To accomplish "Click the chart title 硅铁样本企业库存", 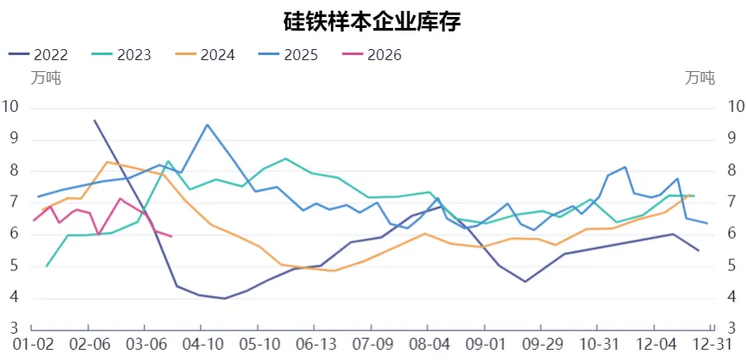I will point(372,21).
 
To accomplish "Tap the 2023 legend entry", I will point(122,55).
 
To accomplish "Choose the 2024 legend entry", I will point(205,55).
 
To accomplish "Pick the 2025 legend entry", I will point(289,55).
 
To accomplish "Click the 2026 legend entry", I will point(372,55).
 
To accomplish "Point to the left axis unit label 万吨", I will point(46,79).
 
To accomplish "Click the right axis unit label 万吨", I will point(700,79).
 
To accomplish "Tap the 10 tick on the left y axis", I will point(11,107).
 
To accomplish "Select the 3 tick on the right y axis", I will point(734,329).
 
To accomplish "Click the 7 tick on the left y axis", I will point(11,202).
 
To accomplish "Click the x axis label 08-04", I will point(429,345).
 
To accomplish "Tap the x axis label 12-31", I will point(713,345).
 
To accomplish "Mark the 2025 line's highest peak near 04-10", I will point(207,125).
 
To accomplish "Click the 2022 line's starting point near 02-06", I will point(94,120).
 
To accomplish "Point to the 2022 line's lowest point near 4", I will point(224,298).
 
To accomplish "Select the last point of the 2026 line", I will point(172,236).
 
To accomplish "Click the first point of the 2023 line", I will point(46,266).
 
